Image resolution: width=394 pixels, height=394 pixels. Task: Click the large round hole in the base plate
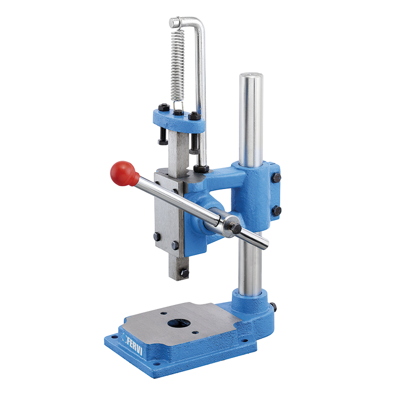178,324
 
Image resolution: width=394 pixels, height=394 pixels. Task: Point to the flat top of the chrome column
251,76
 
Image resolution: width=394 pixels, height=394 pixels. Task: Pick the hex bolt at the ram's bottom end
184,272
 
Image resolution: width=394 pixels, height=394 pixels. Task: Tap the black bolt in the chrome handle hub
236,228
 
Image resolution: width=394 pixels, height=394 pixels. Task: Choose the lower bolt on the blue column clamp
277,211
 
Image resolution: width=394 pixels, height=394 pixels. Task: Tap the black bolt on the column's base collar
273,307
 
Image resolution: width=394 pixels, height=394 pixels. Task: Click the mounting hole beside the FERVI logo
115,337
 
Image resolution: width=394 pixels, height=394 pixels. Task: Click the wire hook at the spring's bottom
177,106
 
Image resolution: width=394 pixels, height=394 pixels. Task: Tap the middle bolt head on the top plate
179,113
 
